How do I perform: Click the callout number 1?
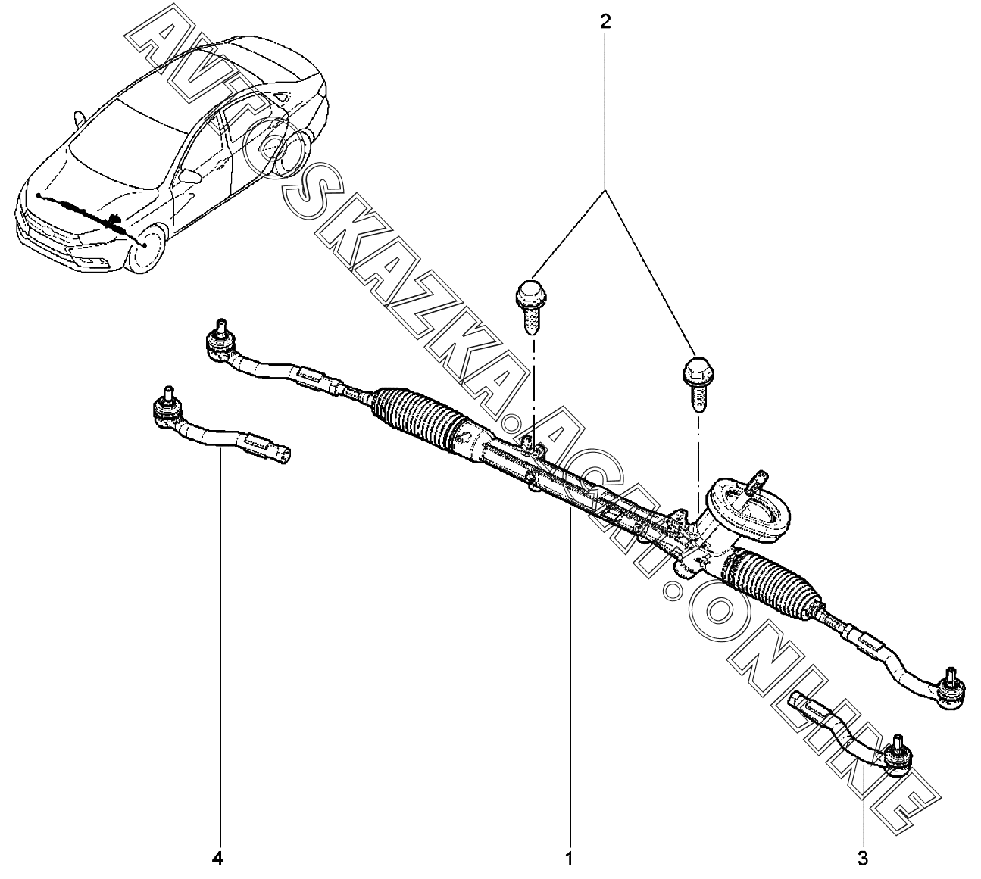click(x=568, y=859)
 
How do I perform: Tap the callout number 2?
click(x=604, y=21)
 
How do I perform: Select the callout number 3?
click(x=862, y=859)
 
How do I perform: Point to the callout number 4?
click(x=217, y=859)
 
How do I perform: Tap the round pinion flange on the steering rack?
click(x=749, y=510)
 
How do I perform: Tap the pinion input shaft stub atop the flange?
click(x=757, y=481)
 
